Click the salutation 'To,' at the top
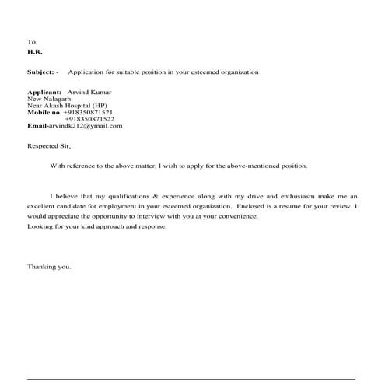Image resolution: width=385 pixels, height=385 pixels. coord(32,41)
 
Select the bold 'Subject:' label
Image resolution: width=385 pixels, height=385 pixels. coord(40,72)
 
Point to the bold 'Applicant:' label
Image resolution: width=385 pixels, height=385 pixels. coord(44,92)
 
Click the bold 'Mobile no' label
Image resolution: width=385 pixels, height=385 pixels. coord(43,112)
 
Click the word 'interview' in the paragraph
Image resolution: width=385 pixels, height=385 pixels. coord(150,217)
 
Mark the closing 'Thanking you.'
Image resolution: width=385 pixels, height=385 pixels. coord(49,267)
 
